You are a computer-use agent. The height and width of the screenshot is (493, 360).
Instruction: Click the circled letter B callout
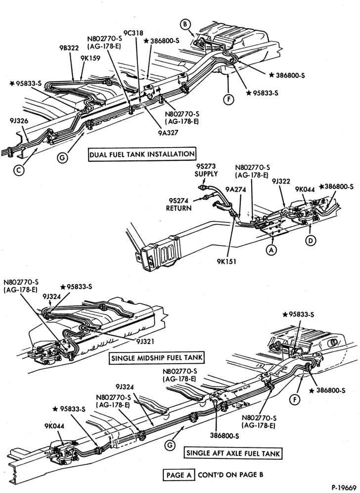pyautogui.click(x=185, y=24)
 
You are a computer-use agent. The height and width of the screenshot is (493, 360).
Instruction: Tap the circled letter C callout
pyautogui.click(x=19, y=170)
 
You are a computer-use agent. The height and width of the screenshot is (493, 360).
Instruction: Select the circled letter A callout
pyautogui.click(x=271, y=250)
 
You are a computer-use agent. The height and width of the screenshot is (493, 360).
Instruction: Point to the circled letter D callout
pyautogui.click(x=311, y=241)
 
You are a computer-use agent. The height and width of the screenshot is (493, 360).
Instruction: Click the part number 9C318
pyautogui.click(x=133, y=33)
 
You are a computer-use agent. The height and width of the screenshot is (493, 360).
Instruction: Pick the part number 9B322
pyautogui.click(x=69, y=48)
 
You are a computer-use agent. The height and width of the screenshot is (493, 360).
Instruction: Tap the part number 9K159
pyautogui.click(x=90, y=58)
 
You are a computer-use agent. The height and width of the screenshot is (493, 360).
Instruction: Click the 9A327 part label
pyautogui.click(x=168, y=133)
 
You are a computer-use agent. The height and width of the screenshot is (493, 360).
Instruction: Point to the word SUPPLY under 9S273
pyautogui.click(x=206, y=174)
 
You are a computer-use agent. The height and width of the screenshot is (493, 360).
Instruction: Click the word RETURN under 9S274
pyautogui.click(x=179, y=208)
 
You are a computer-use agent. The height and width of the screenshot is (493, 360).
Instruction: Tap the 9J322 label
pyautogui.click(x=281, y=182)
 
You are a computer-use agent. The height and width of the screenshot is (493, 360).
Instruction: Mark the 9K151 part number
pyautogui.click(x=226, y=261)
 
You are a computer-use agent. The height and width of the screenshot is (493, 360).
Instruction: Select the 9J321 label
pyautogui.click(x=145, y=341)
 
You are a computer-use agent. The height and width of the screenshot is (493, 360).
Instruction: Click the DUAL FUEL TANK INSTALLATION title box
pyautogui.click(x=142, y=154)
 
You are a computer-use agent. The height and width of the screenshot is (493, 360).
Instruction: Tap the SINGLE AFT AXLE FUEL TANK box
pyautogui.click(x=233, y=453)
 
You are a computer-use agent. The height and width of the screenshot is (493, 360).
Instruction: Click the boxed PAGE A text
pyautogui.click(x=179, y=475)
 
